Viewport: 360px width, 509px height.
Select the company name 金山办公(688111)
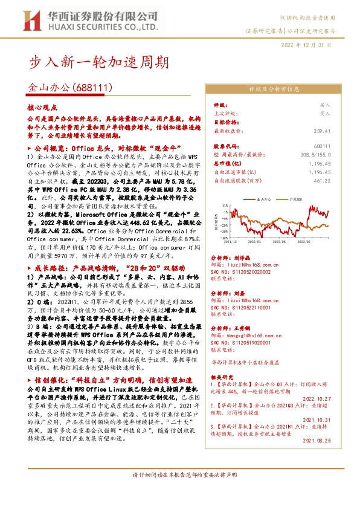click(x=71, y=88)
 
